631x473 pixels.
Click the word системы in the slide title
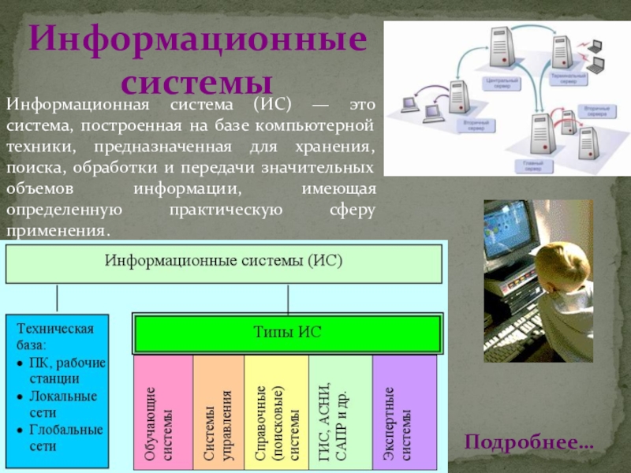pos(198,81)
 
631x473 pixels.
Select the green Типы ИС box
pos(287,333)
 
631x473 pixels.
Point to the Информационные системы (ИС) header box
pos(224,263)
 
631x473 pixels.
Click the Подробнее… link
pos(528,442)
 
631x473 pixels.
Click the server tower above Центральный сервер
pos(502,51)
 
